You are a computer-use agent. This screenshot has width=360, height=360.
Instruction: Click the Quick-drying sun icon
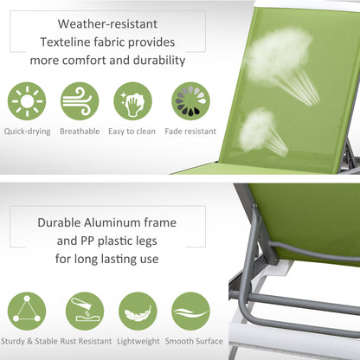coord(27,101)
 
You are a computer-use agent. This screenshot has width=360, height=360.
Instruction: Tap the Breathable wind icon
coord(80,101)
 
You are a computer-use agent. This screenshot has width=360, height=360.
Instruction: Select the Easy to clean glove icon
coord(132,101)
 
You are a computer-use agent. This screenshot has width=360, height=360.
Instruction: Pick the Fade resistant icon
coord(189,101)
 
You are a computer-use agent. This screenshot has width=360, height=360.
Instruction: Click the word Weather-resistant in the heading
coord(107,23)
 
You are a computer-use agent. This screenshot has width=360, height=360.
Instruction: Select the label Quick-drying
coord(27,132)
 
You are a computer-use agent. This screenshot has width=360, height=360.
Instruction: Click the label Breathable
coord(80,132)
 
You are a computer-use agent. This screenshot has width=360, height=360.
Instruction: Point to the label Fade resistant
coord(190,132)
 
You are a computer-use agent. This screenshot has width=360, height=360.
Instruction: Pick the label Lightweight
coord(138,341)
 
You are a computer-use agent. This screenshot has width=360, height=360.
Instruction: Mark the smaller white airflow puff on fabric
coord(258,130)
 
